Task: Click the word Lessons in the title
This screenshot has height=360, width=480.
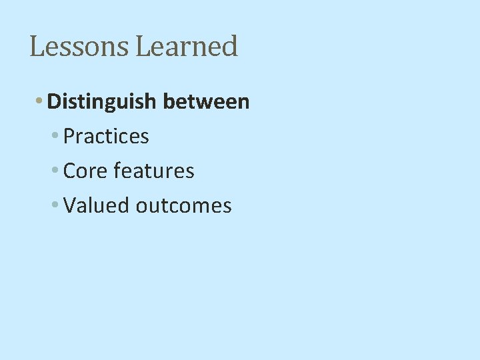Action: point(80,47)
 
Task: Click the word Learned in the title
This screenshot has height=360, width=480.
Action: point(187,47)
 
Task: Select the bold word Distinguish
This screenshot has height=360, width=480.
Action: point(103,102)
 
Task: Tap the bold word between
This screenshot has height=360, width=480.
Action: point(206,102)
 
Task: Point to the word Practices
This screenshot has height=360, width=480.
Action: point(106,137)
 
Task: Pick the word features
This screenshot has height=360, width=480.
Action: point(154,171)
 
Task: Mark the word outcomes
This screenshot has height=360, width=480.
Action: point(183,206)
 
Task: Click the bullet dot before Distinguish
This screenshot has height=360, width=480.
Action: point(40,101)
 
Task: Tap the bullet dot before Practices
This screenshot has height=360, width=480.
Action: point(55,136)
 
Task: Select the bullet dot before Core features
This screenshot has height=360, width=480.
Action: point(55,171)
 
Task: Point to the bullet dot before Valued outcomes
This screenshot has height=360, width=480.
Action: point(55,205)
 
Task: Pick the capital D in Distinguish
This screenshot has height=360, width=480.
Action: point(54,102)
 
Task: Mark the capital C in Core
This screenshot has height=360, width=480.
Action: point(69,171)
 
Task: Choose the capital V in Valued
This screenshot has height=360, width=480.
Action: point(69,206)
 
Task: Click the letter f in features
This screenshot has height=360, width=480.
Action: point(117,171)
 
